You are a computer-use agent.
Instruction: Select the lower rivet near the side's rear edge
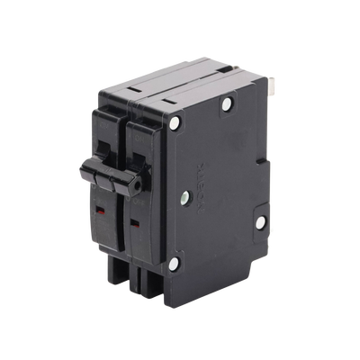259,220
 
